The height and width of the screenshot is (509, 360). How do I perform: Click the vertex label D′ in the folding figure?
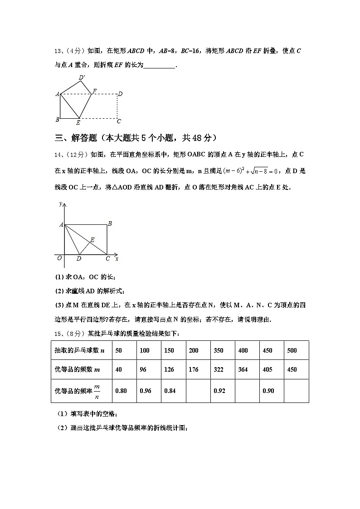(x=82, y=78)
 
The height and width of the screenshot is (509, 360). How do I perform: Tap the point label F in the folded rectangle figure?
(x=94, y=91)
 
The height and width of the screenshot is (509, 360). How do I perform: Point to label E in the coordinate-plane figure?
(x=92, y=240)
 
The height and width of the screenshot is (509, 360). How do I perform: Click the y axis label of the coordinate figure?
(x=60, y=204)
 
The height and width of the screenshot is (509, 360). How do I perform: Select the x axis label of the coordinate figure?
(x=117, y=258)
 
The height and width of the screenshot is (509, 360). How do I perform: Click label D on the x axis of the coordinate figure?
(x=79, y=259)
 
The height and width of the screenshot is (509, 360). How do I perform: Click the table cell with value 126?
(x=169, y=369)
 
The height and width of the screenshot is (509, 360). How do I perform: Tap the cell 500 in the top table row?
(x=292, y=350)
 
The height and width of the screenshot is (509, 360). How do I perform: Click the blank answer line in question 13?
(x=159, y=65)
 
